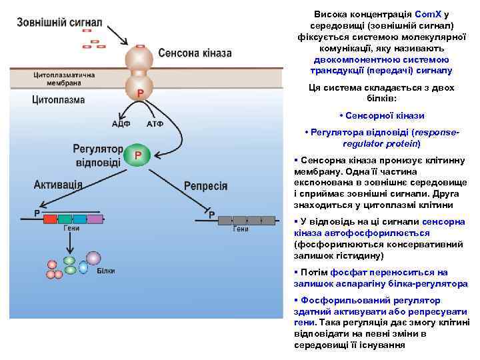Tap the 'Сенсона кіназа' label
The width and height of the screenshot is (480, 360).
195,53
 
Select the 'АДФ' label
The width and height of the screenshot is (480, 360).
121,124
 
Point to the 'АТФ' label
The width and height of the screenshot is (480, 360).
155,124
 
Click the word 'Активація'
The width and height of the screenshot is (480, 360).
59,184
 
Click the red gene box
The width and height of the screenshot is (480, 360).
51,219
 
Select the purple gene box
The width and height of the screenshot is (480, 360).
95,219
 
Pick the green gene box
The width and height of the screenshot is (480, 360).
65,219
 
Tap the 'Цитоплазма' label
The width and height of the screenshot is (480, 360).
59,101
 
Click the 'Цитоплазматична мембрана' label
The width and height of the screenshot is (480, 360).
63,79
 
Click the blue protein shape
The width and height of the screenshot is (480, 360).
83,267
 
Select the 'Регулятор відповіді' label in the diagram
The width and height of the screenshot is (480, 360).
98,155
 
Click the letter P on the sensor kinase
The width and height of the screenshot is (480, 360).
141,93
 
